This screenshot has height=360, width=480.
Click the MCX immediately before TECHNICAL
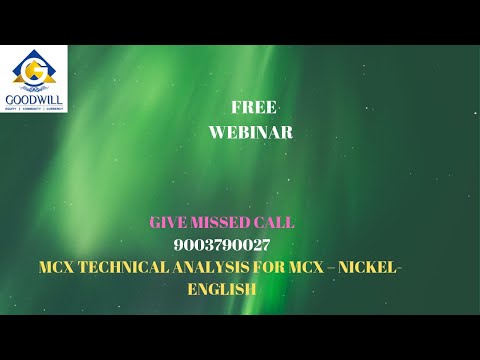point(59,267)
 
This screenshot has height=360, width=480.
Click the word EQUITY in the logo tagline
point(13,108)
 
